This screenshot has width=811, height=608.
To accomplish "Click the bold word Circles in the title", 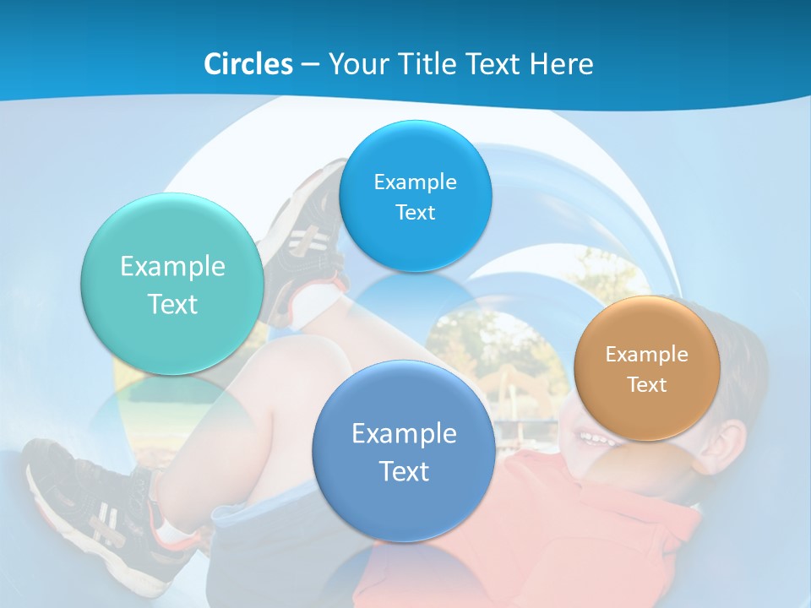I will tap(248, 64).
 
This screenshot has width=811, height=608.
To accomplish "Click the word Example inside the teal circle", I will tap(172, 267).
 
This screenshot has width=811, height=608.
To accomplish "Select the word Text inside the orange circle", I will tap(647, 385).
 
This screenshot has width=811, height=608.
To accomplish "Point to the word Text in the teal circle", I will tap(172, 304).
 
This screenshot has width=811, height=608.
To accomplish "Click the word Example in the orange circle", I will tap(647, 355).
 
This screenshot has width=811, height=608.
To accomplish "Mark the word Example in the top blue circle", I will tap(415, 182).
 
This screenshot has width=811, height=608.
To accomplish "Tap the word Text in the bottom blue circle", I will tap(404, 471).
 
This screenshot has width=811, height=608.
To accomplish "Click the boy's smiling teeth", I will tap(596, 439).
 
